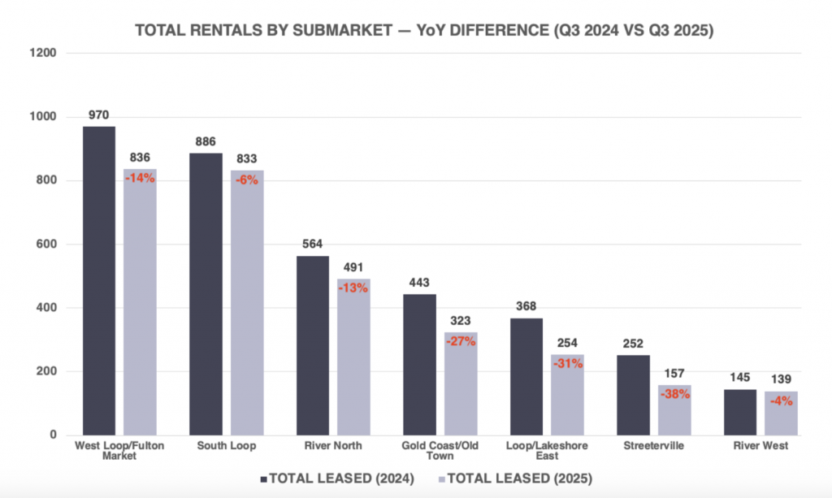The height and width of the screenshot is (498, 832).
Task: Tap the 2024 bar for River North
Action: [312, 345]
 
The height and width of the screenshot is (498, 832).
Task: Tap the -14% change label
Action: [140, 179]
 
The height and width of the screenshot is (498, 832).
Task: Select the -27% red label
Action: [461, 341]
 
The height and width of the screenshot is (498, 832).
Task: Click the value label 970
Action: [98, 115]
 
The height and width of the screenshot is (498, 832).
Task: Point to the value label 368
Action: [526, 306]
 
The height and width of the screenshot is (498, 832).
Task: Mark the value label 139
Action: [781, 379]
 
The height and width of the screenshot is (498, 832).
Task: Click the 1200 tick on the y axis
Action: [41, 54]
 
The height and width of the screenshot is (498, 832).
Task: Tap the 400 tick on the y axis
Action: [45, 308]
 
